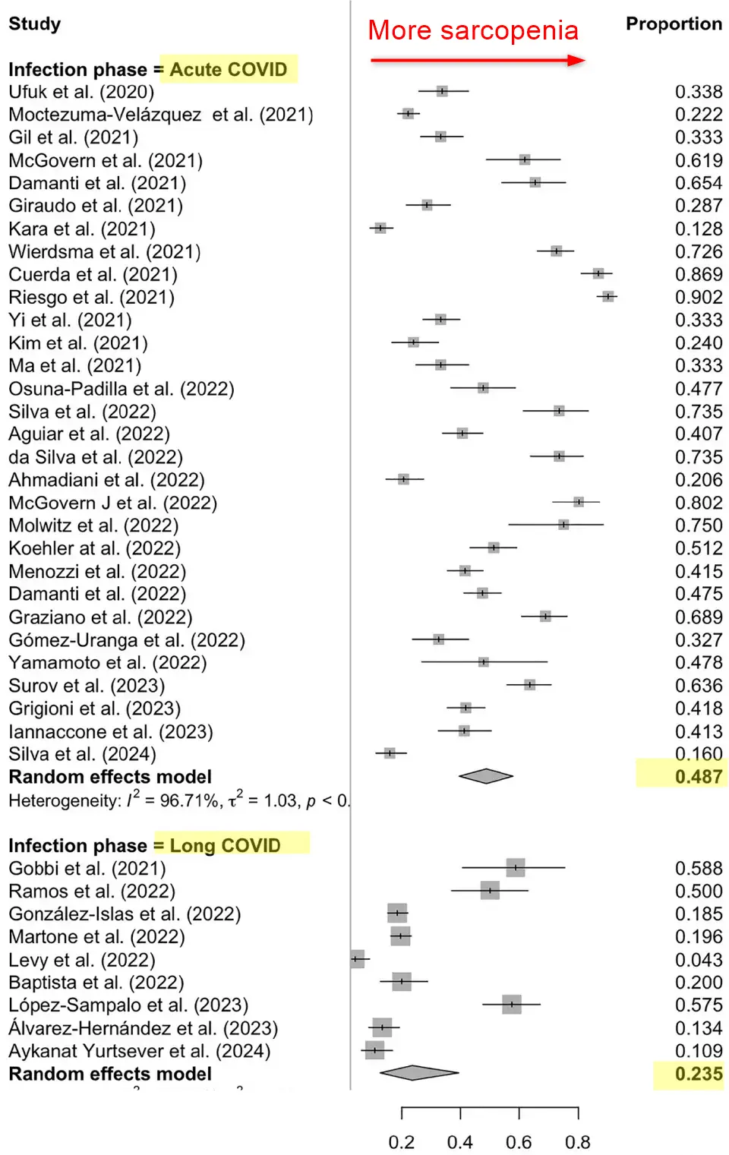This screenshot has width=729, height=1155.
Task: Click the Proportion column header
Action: [x=673, y=24]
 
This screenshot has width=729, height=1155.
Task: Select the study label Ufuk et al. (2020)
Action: [x=81, y=92]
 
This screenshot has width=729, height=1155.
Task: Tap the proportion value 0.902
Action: [x=699, y=297]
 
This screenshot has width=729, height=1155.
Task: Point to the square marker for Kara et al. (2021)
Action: [x=380, y=228]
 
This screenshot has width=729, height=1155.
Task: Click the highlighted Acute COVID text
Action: [x=229, y=69]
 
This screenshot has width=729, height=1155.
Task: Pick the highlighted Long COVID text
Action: [x=226, y=845]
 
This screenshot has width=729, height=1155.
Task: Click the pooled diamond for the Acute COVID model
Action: [x=486, y=776]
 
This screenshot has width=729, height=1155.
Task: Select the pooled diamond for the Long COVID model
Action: [x=418, y=1073]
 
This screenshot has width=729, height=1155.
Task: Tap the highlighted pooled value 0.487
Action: [x=699, y=776]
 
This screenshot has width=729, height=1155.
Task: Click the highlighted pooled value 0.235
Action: [x=699, y=1074]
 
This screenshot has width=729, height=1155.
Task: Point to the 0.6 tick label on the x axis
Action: [x=519, y=1142]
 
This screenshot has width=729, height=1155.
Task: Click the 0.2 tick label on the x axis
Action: [x=402, y=1142]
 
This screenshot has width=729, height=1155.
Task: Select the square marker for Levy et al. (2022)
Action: [x=357, y=959]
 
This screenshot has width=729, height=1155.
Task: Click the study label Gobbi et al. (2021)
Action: [x=87, y=868]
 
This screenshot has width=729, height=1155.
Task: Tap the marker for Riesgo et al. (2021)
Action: [x=607, y=296]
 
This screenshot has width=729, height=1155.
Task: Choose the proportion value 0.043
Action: [x=699, y=960]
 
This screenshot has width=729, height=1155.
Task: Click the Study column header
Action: [x=34, y=24]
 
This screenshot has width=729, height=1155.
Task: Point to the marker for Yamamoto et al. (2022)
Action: [x=484, y=662]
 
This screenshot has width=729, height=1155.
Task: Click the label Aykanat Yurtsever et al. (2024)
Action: [x=140, y=1051]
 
